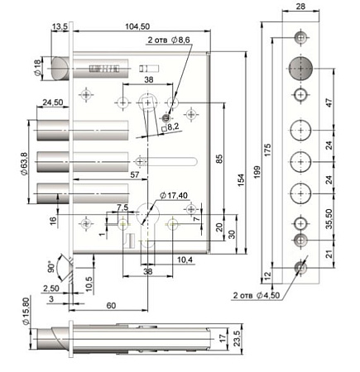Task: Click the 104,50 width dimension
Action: [137, 26]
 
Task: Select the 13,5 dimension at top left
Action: [60, 26]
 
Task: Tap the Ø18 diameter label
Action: [37, 68]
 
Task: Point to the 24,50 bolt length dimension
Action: [53, 103]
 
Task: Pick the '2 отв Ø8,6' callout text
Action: [169, 40]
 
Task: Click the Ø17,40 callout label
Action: [174, 195]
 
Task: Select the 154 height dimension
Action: [241, 180]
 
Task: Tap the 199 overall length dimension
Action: [257, 172]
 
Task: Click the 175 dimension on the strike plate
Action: [267, 150]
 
